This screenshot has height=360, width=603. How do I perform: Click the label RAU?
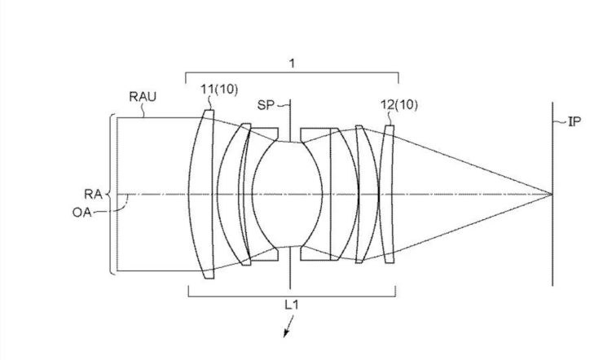point(143,96)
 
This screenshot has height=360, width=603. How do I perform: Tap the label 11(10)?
point(219,89)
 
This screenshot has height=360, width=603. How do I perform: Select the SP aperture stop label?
point(266,104)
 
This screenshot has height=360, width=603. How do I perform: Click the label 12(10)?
point(398,104)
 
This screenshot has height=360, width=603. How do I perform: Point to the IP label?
point(574,121)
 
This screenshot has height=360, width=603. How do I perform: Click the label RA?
point(94,194)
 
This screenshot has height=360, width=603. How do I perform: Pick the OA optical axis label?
point(82,212)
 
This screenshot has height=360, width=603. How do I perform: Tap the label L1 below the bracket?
point(292,305)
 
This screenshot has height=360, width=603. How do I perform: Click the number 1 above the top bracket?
point(292,63)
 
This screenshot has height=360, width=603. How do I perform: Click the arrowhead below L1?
point(286,333)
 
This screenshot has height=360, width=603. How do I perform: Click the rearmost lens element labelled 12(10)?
point(387,194)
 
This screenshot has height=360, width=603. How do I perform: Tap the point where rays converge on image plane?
point(552,194)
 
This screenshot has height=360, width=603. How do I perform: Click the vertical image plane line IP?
point(552,194)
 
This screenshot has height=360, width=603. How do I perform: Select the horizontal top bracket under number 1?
point(292,72)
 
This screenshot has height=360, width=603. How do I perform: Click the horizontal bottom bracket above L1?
point(292,296)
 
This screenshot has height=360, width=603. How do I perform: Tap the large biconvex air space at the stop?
point(287,194)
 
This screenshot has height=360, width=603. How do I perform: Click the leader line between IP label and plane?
point(560,122)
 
